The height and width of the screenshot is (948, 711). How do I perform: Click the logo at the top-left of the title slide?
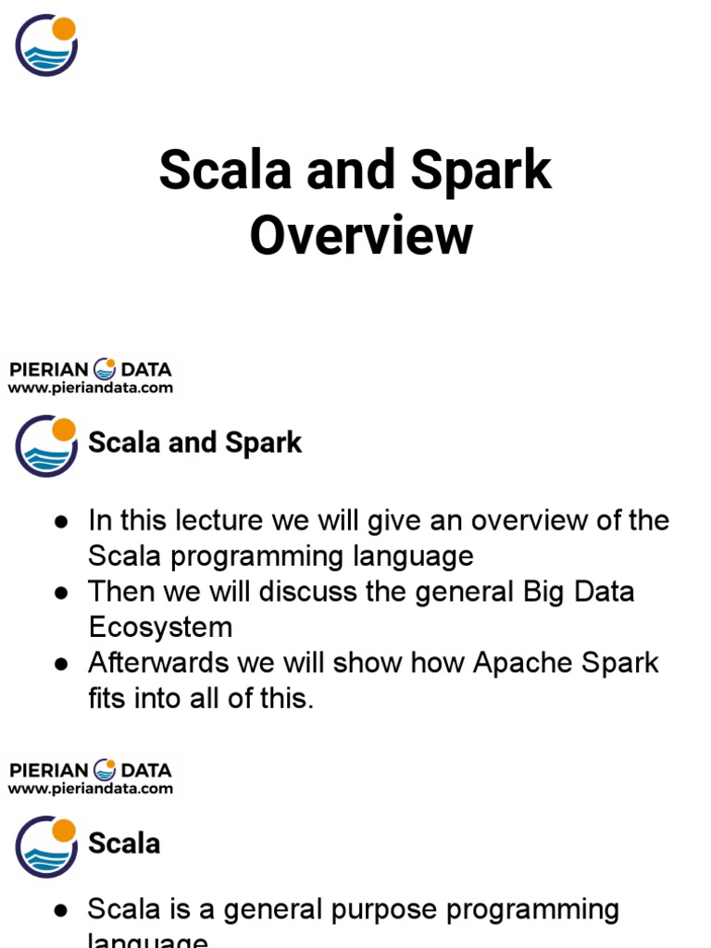pyautogui.click(x=46, y=45)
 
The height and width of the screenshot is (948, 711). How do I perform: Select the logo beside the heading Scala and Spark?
pyautogui.click(x=46, y=445)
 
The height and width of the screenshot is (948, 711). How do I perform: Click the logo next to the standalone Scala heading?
pyautogui.click(x=46, y=846)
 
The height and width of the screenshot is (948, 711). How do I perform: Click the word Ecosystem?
pyautogui.click(x=160, y=627)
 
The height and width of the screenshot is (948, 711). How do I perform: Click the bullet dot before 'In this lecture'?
pyautogui.click(x=61, y=522)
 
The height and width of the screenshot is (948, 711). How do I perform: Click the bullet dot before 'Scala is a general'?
pyautogui.click(x=61, y=910)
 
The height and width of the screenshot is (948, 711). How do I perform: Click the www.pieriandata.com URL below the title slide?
pyautogui.click(x=91, y=388)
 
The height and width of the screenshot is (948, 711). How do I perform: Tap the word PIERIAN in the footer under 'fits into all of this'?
pyautogui.click(x=48, y=770)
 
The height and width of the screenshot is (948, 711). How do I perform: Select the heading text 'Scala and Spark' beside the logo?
pyautogui.click(x=194, y=443)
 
